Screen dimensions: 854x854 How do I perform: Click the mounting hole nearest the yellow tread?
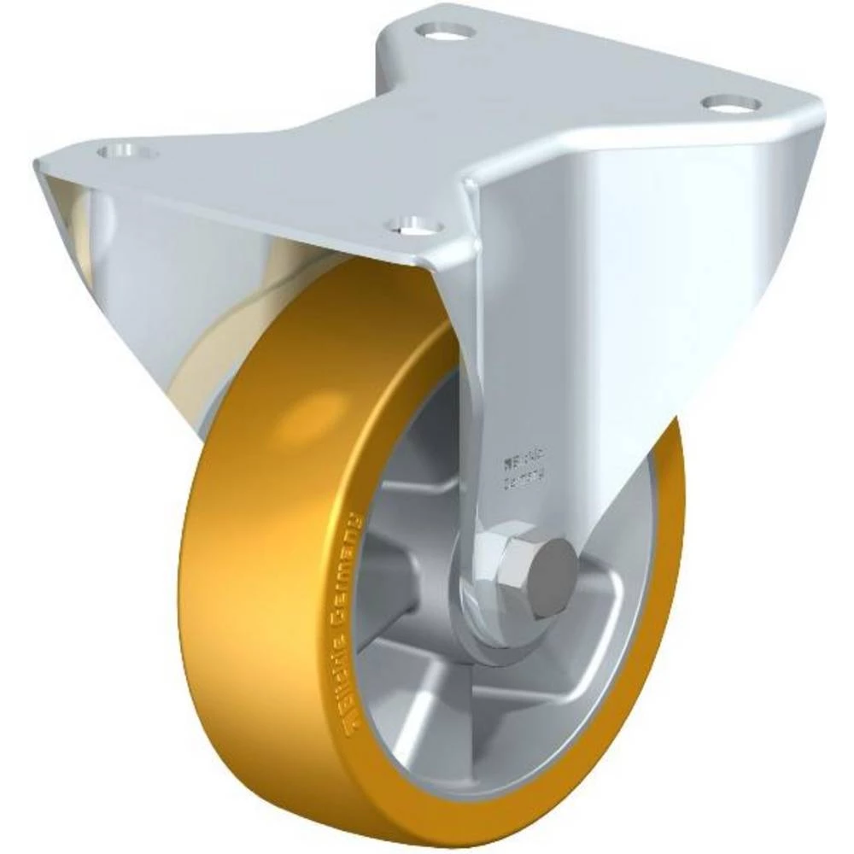tap(415, 226)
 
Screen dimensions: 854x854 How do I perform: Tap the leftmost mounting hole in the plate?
tap(128, 152)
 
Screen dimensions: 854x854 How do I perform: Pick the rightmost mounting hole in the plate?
tap(731, 103)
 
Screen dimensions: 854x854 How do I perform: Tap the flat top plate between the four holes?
tap(427, 128)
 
